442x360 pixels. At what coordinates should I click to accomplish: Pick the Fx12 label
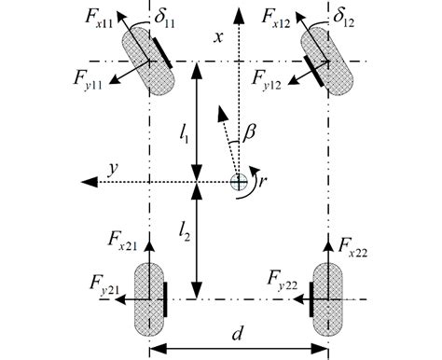[x=281, y=18]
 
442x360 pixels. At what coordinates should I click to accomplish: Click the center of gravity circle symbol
[x=239, y=178]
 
